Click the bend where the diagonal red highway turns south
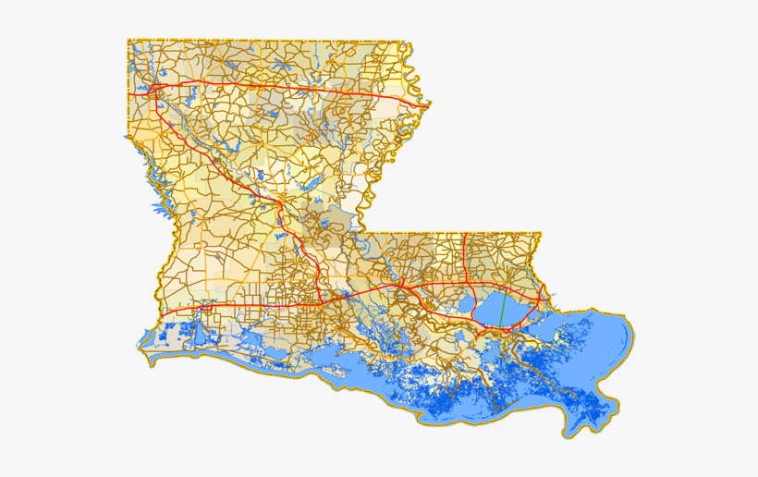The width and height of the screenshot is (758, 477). (280, 201)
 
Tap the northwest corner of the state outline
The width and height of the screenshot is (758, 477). (128, 40)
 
